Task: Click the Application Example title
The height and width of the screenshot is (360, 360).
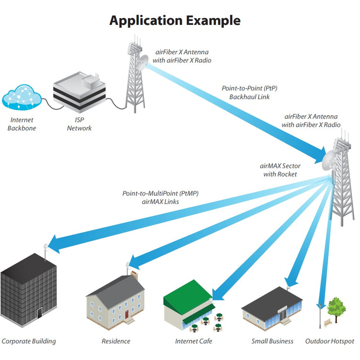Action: click(x=175, y=21)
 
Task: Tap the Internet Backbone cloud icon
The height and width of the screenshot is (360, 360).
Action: click(x=22, y=97)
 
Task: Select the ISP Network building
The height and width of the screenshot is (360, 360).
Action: click(x=79, y=92)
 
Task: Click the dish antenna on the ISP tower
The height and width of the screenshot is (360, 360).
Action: click(x=143, y=63)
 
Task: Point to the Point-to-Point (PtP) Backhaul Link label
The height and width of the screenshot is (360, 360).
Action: click(x=250, y=93)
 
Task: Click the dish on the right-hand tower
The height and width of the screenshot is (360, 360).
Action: click(x=329, y=160)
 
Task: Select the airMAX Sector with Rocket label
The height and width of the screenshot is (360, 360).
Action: click(x=280, y=170)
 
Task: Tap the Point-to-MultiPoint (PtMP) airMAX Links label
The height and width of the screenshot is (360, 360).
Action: click(x=161, y=197)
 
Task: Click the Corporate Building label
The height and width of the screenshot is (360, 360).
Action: click(x=29, y=341)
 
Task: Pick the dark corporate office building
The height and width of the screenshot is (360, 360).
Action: click(x=28, y=290)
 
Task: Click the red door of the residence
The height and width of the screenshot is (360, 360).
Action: click(x=127, y=314)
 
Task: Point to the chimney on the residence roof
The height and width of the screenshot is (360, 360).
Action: click(x=134, y=274)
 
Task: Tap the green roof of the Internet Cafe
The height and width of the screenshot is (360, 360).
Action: click(x=187, y=296)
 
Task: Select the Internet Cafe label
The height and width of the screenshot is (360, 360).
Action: click(x=194, y=341)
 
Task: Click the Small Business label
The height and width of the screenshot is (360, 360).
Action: click(x=273, y=341)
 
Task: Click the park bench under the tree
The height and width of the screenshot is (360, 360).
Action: click(x=328, y=322)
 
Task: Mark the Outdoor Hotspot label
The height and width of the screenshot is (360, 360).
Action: click(x=330, y=341)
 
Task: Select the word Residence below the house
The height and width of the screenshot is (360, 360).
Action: click(x=116, y=341)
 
